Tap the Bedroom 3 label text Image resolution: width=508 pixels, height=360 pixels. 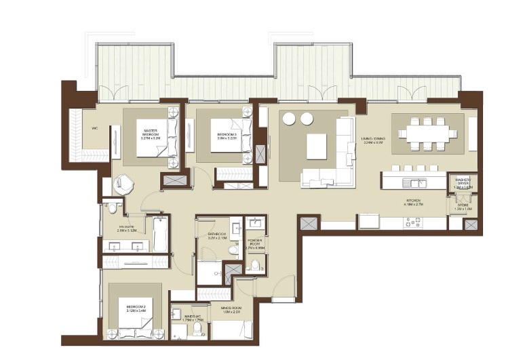(227, 134)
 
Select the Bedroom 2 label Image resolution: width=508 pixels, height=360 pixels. (136, 309)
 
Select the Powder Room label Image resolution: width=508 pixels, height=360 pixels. (255, 242)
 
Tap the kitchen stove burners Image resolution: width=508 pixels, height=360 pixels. (412, 222)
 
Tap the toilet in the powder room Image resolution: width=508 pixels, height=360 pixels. (256, 264)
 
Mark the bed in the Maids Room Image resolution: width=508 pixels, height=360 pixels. (232, 330)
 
